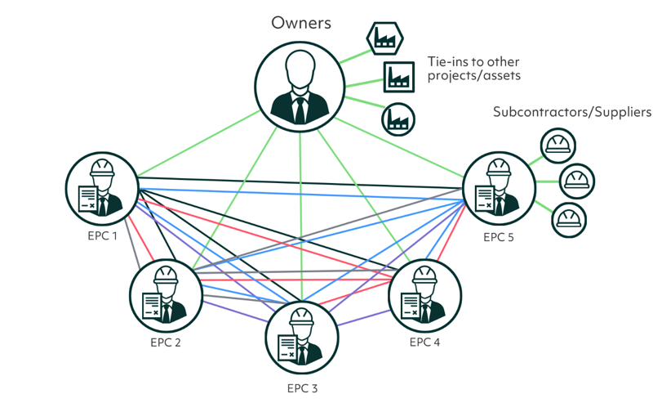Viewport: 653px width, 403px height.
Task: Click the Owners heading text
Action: [x=301, y=22]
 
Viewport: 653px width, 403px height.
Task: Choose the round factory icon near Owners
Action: [x=398, y=119]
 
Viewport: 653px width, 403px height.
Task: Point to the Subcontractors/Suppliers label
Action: [x=571, y=112]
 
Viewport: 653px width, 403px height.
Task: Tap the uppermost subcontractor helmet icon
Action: [x=557, y=146]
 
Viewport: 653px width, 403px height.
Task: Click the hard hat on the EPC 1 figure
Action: [x=102, y=168]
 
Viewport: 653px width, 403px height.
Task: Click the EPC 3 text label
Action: [x=302, y=388]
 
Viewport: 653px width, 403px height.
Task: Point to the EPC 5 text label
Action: [x=500, y=238]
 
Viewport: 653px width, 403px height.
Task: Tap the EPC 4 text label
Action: [x=424, y=342]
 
